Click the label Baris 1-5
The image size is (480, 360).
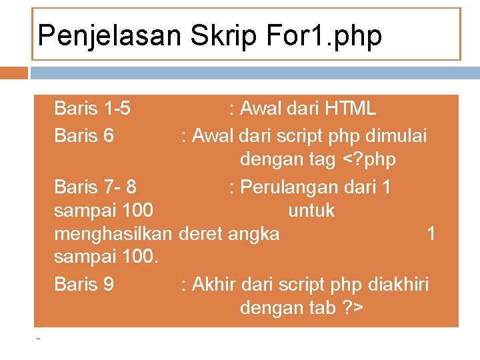click(92, 108)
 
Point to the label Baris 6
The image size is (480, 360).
click(84, 136)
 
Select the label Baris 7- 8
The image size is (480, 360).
click(95, 187)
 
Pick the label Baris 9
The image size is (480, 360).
click(84, 285)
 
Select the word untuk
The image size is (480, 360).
click(311, 211)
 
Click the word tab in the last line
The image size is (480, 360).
click(320, 309)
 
